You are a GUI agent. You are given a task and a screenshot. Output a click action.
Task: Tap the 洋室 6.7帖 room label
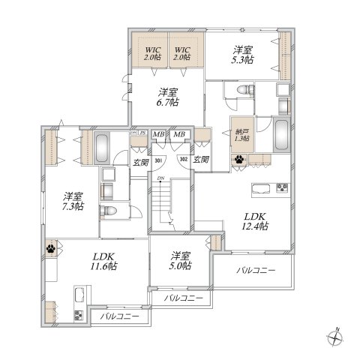tap(167, 97)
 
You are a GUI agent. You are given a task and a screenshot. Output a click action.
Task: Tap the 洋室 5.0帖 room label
tap(179, 260)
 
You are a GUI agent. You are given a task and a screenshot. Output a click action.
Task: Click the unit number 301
tap(159, 160)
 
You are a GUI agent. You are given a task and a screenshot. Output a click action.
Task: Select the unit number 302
tap(182, 160)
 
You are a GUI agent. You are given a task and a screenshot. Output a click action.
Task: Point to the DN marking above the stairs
tap(160, 178)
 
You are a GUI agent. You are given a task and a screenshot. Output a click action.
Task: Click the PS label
tap(140, 133)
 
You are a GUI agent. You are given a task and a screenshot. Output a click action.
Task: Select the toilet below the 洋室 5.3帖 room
tap(241, 91)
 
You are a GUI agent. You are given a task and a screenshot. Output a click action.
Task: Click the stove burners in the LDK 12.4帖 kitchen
tap(283, 187)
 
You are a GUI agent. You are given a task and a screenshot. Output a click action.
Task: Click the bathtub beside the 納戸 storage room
tap(281, 135)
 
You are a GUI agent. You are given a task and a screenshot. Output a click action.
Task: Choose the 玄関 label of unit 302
tap(200, 160)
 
